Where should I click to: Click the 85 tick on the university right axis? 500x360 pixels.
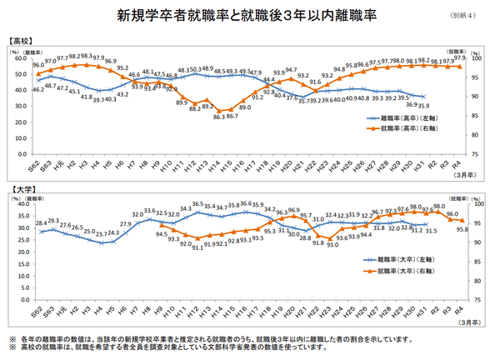(x=479, y=262)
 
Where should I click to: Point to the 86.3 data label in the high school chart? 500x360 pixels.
(x=218, y=118)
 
